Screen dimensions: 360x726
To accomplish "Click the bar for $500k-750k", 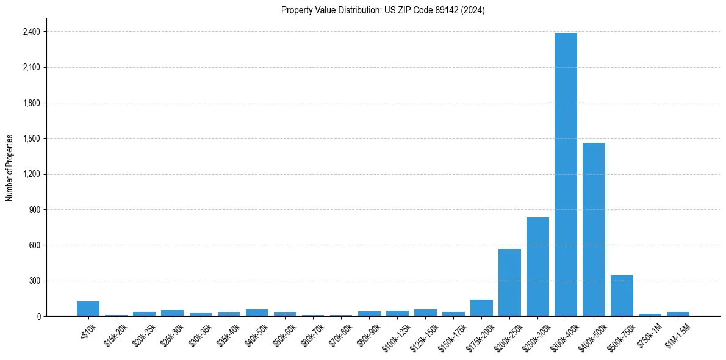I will (622, 296).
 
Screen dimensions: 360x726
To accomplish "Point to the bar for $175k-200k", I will (481, 308).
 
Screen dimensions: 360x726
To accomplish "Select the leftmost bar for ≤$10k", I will (88, 309).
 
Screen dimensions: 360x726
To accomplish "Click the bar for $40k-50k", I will (257, 312).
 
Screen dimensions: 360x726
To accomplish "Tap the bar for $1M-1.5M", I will (678, 314).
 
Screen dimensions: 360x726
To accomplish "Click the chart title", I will (383, 10).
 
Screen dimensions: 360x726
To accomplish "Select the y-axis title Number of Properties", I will (10, 168).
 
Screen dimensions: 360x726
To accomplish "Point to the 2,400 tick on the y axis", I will (31, 32).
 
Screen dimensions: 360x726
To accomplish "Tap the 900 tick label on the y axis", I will (34, 210).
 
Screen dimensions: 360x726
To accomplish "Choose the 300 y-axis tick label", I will (34, 281).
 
